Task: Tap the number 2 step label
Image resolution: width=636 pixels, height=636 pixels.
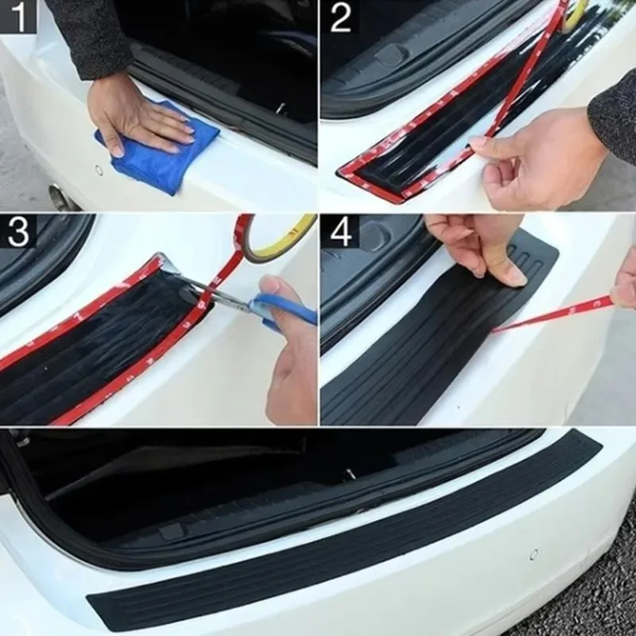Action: coord(340,17)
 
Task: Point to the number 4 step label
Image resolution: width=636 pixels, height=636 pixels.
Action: coord(340,231)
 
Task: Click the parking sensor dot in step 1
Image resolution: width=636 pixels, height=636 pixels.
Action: coord(99,169)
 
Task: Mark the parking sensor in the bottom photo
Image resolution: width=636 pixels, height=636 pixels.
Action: coord(533,554)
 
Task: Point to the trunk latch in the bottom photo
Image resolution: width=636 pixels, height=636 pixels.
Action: coord(351,475)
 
